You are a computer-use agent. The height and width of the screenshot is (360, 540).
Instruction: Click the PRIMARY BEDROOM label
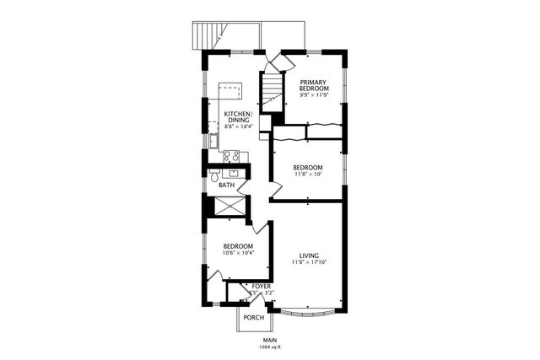pos(314,84)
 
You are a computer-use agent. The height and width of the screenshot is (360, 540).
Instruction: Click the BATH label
pos(226,184)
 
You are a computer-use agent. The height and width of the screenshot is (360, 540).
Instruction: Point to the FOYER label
pos(262,287)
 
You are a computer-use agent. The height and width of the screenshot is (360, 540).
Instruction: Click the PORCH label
pos(253,318)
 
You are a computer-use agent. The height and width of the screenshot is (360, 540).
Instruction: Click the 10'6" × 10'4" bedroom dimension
pos(238,253)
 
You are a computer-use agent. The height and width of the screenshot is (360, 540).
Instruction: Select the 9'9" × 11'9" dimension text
pos(314,95)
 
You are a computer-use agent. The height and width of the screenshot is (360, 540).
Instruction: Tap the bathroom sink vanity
pos(233,173)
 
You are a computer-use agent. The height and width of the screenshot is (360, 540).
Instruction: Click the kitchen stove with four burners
pos(231,155)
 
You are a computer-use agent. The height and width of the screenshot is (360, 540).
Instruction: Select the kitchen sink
pos(213,141)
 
